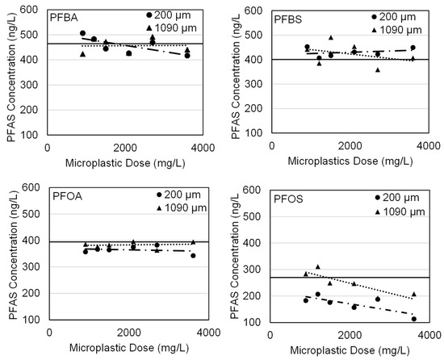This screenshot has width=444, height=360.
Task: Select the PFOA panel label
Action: coord(66,197)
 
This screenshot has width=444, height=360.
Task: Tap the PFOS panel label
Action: coord(289,198)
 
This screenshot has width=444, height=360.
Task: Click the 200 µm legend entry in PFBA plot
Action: coord(149,15)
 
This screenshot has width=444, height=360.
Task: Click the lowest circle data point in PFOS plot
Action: coord(413,319)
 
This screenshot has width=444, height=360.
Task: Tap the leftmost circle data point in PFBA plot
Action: coord(82,33)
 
